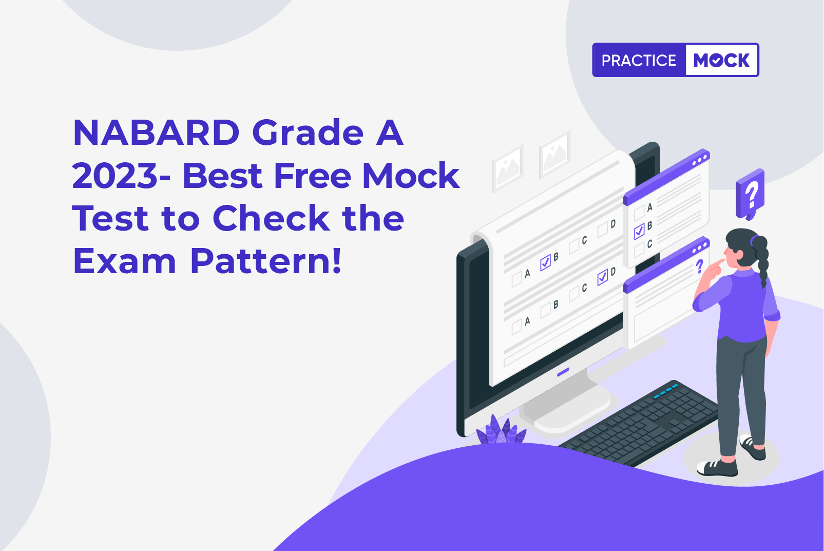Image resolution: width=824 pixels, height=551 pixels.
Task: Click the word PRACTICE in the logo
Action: (639, 60)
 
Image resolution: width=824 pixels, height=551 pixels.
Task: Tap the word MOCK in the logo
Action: (721, 60)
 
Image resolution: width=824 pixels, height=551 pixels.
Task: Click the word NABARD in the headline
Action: (157, 133)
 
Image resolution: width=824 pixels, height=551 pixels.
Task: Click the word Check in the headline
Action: (271, 218)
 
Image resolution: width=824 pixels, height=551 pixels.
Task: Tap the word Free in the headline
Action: (312, 176)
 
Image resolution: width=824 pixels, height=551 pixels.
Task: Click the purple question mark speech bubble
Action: (750, 194)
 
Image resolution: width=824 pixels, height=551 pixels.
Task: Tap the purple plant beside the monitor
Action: (501, 430)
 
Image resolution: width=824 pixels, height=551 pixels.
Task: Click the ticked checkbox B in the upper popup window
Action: (639, 232)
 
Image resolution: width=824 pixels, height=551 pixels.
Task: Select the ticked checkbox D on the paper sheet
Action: (603, 277)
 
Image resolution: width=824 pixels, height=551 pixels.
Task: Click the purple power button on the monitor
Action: (563, 372)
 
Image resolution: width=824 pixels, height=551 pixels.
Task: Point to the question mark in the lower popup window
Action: (699, 267)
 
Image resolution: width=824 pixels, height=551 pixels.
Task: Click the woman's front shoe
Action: (718, 467)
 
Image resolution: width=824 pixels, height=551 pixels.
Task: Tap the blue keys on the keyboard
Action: (666, 391)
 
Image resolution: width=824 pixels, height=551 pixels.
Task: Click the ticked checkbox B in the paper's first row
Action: (546, 262)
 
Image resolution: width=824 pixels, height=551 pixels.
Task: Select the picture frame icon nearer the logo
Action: (555, 154)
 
